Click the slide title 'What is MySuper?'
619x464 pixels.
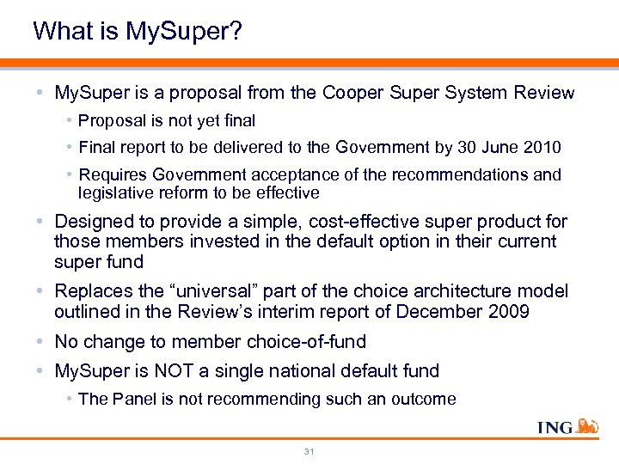138,32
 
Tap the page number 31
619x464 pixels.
309,450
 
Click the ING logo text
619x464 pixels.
555,428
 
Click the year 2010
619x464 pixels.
542,147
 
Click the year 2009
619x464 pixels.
506,312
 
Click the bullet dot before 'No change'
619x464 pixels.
42,342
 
